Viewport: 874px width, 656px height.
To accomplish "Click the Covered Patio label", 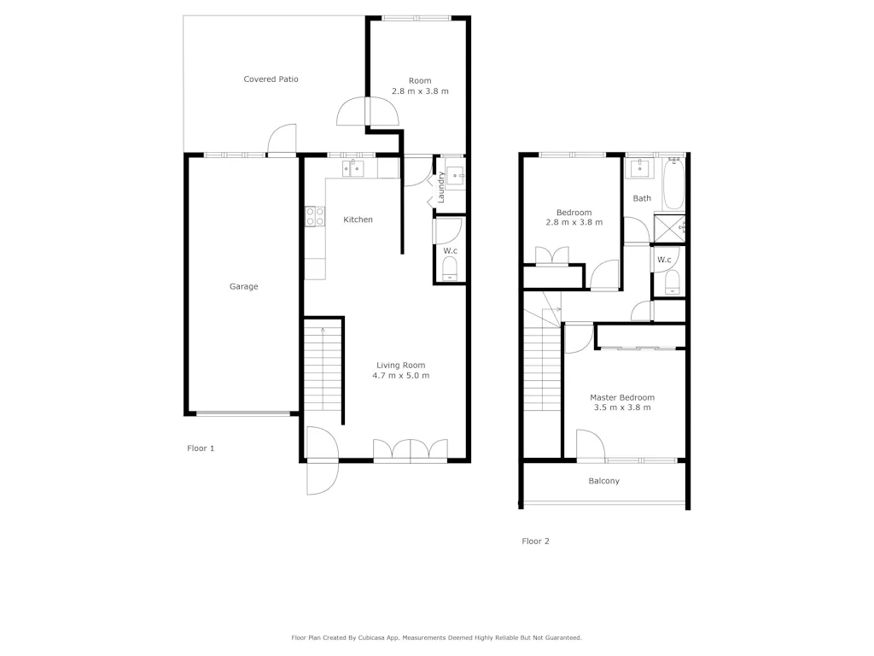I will point(271,79).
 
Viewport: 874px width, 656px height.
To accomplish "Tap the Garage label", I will point(243,287).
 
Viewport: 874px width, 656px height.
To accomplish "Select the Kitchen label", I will point(358,220).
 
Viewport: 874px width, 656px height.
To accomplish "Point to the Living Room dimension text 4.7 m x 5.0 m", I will point(400,376).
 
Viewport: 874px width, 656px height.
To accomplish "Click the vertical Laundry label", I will point(441,188).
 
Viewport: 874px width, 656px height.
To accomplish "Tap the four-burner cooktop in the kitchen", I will point(314,217).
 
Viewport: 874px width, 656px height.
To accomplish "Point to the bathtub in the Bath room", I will point(673,184).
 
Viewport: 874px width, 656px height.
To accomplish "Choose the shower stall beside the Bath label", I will point(669,228).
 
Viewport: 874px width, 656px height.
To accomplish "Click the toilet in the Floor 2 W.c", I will point(670,282).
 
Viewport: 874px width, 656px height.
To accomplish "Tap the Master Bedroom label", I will point(622,398).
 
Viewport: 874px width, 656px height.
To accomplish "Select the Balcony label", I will point(604,481).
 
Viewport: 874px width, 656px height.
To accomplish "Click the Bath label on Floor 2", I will point(642,198).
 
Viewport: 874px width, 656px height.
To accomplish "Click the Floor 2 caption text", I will point(535,541).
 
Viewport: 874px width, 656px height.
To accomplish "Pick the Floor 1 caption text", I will point(201,448).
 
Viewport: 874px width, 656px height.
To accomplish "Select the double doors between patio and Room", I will point(368,111).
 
